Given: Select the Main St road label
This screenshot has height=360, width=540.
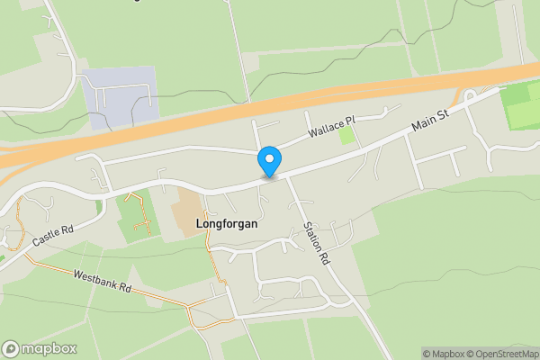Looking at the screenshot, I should click(x=430, y=121).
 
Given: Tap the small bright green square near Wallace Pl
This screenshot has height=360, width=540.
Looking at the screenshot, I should click(x=346, y=136).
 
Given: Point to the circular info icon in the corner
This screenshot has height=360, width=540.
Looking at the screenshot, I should click(x=11, y=349).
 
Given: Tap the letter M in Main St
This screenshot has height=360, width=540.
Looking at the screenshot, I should click(x=416, y=129).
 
